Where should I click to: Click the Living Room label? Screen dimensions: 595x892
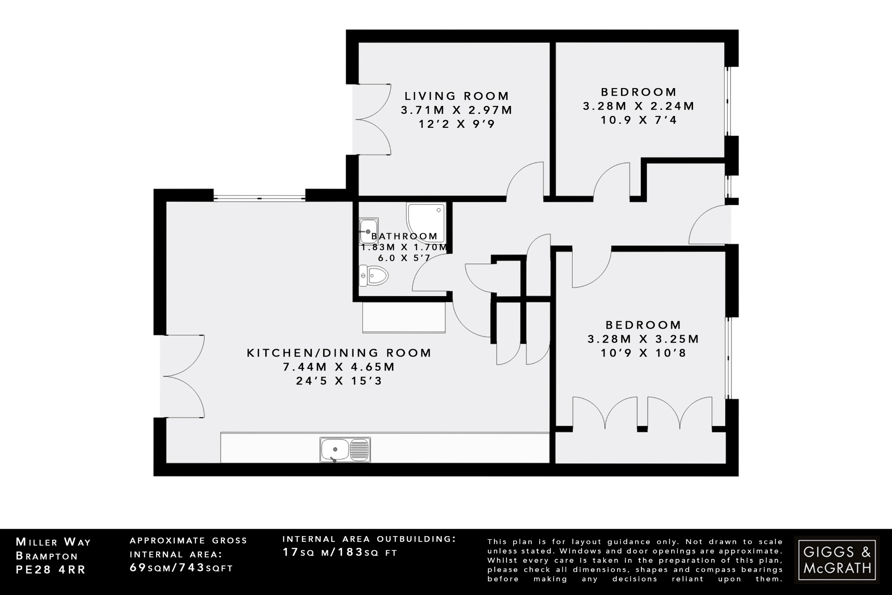coord(456,96)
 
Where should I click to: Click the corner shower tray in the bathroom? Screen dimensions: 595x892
coord(425,221)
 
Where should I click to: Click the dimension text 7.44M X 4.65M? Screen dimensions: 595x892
coord(339,367)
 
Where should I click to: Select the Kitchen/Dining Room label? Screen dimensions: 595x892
coord(339,353)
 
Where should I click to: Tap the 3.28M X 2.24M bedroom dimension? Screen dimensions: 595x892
coord(639,106)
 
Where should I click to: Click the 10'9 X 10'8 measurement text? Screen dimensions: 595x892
coord(643,353)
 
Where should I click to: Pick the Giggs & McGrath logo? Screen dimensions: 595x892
coord(837,560)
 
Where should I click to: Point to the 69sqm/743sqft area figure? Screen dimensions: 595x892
coord(181,568)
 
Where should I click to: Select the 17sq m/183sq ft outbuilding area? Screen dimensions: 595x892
coord(340,552)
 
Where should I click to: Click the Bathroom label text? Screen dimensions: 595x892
coord(404,236)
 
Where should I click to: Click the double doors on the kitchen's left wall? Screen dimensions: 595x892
coord(183,376)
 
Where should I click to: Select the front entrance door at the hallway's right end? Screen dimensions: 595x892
coord(709,224)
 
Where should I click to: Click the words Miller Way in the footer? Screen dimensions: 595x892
coord(53,542)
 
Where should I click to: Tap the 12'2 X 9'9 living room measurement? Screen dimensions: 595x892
coord(456,124)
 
